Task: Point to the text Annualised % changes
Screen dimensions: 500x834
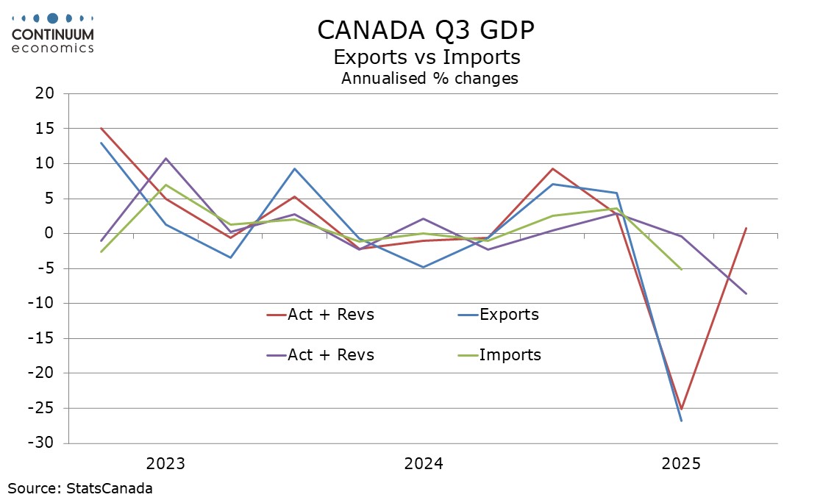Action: [430, 79]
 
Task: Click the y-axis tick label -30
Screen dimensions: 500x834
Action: [43, 443]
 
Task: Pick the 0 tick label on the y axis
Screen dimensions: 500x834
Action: [50, 234]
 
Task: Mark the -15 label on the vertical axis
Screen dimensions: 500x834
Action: [43, 339]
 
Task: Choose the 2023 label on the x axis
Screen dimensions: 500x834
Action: [165, 464]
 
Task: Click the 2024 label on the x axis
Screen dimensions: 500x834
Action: [423, 464]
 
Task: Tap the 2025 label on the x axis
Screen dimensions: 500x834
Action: [681, 464]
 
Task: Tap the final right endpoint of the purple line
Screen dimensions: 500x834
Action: [746, 293]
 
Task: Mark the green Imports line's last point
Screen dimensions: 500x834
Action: [681, 269]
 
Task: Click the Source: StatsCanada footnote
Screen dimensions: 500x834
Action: [80, 488]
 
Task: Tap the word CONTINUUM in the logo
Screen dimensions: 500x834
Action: [52, 35]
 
